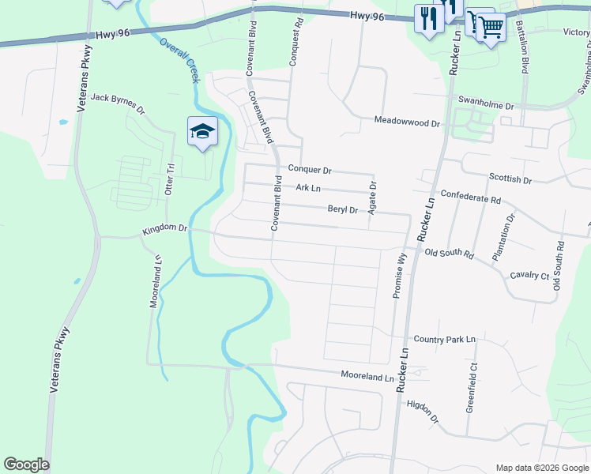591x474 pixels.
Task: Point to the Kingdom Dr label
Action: (164, 230)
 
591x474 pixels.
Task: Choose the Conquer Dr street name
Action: (310, 169)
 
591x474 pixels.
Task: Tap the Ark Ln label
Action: (308, 188)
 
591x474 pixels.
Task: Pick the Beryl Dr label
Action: (343, 210)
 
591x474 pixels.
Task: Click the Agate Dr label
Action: (373, 195)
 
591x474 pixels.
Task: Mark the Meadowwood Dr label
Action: (406, 122)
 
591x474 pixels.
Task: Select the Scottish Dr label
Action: (510, 179)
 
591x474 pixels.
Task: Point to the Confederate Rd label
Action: (471, 197)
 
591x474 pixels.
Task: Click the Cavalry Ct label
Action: (529, 275)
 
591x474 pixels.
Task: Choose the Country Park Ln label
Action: (446, 339)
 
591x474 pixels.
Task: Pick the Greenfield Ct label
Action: (472, 388)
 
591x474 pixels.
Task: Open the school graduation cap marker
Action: (202, 131)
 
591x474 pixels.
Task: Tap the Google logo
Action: (26, 465)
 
